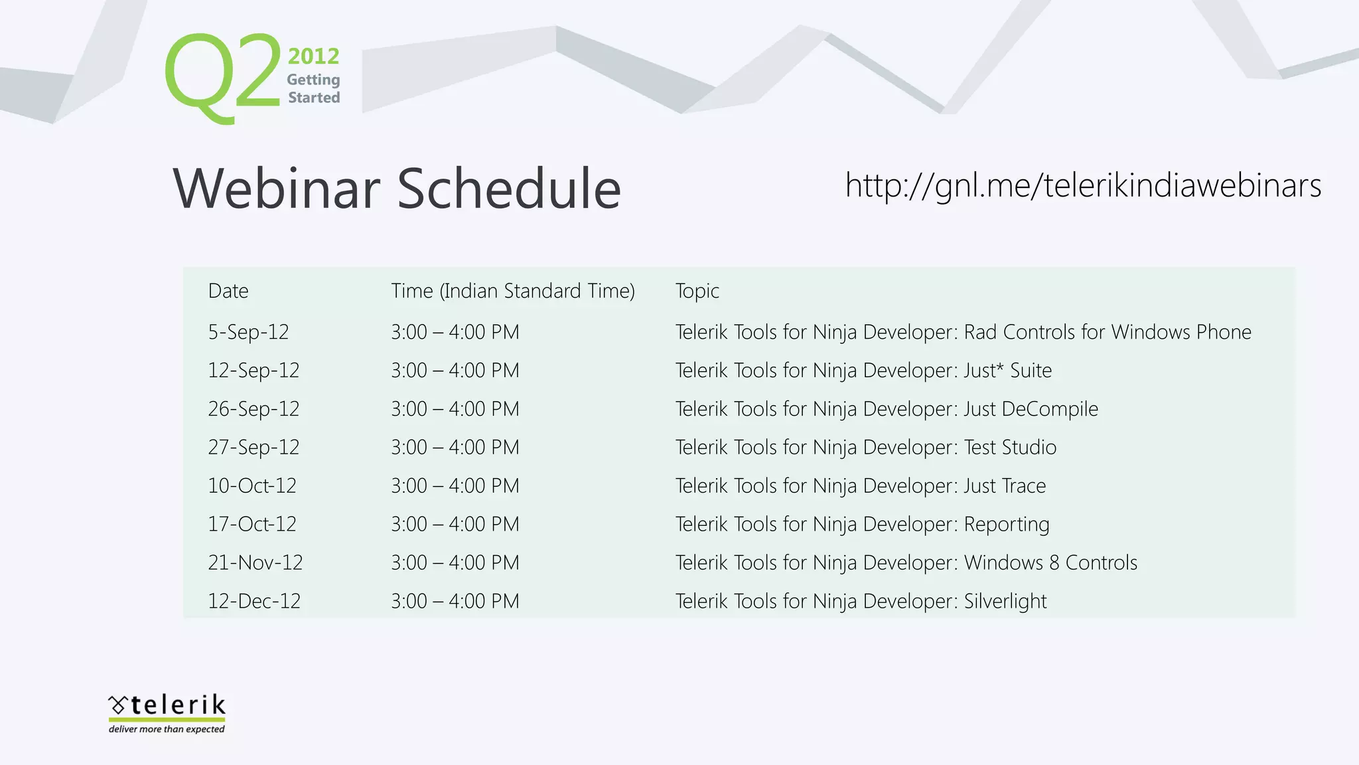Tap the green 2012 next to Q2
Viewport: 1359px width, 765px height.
pyautogui.click(x=313, y=56)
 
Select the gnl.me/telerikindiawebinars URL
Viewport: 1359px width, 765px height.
pyautogui.click(x=1083, y=185)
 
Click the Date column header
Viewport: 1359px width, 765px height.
pyautogui.click(x=228, y=291)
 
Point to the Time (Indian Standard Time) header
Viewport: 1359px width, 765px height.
pyautogui.click(x=512, y=291)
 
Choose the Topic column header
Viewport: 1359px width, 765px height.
pyautogui.click(x=697, y=291)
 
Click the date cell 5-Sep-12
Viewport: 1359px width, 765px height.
pyautogui.click(x=248, y=332)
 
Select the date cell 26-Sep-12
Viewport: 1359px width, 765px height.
pyautogui.click(x=253, y=409)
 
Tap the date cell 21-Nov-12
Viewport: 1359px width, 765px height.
pyautogui.click(x=255, y=563)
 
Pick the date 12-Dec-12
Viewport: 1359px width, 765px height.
pyautogui.click(x=254, y=602)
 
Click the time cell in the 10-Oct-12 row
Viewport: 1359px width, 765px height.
pyautogui.click(x=455, y=486)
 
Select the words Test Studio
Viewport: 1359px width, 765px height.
pyautogui.click(x=1010, y=448)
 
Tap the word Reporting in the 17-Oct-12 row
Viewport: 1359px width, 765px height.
pyautogui.click(x=1006, y=525)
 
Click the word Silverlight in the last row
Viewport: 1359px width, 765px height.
pyautogui.click(x=1005, y=602)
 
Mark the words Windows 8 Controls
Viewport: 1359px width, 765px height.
pyautogui.click(x=1050, y=563)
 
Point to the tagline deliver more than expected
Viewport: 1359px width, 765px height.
pyautogui.click(x=167, y=729)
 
